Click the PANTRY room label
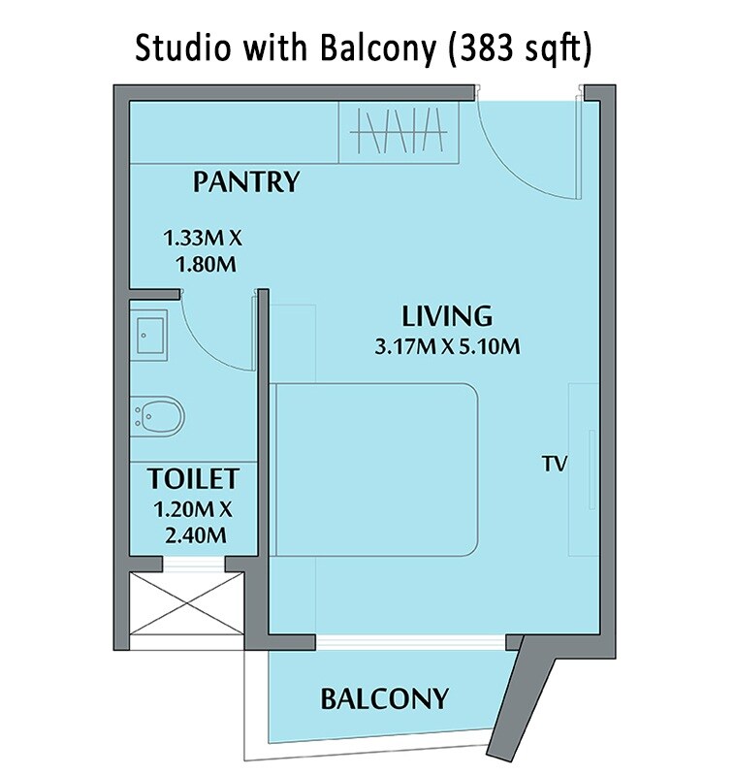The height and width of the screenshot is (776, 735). click(x=245, y=182)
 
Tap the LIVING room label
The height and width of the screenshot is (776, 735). click(x=447, y=316)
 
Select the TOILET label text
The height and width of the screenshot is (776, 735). click(x=193, y=478)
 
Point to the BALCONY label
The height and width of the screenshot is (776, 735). click(x=385, y=698)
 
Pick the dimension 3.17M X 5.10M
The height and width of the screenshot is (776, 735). click(x=447, y=346)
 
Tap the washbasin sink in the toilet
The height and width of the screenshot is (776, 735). click(x=150, y=338)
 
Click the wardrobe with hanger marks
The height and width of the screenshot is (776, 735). click(x=399, y=132)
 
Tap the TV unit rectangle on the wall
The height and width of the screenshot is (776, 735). click(x=584, y=469)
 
